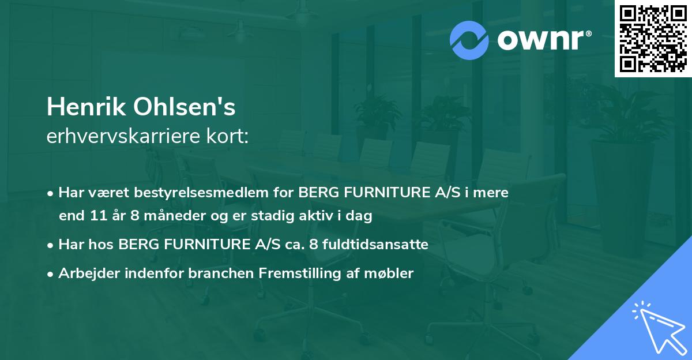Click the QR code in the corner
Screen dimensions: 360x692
pos(652,39)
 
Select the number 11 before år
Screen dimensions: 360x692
pos(98,217)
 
